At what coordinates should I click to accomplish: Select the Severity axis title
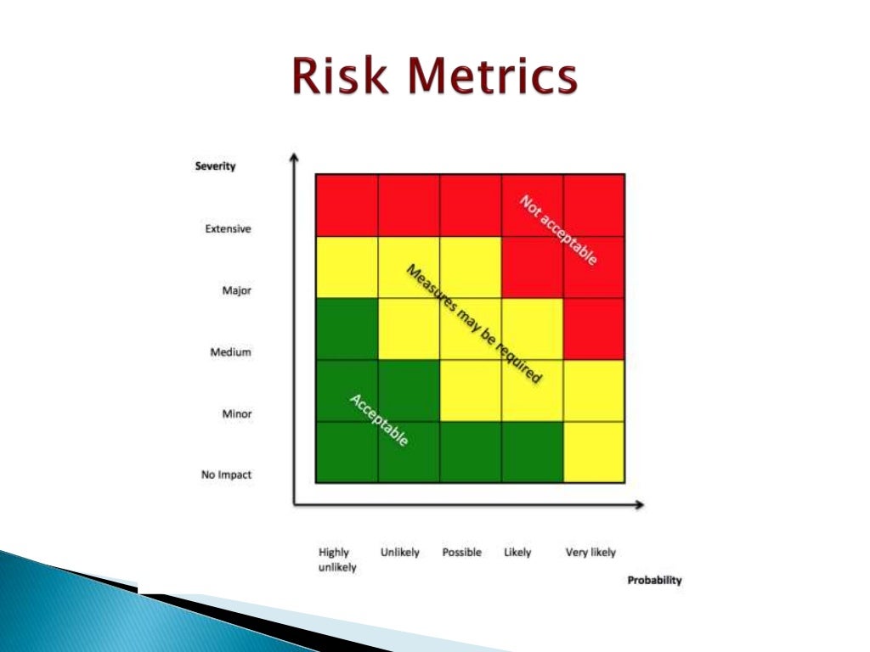click(216, 166)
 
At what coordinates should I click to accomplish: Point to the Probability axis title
click(654, 581)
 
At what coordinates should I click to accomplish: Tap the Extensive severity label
click(228, 229)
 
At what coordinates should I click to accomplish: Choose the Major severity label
click(236, 290)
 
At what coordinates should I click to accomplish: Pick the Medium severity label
click(230, 351)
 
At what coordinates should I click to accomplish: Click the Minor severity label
click(236, 414)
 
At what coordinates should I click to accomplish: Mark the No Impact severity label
click(226, 475)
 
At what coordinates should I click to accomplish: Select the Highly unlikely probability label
click(336, 559)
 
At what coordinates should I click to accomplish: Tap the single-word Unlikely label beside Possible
click(400, 553)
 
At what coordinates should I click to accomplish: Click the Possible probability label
click(461, 553)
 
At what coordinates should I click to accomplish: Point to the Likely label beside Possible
click(517, 553)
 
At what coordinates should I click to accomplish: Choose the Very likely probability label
click(590, 553)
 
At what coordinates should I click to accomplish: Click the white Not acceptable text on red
click(558, 230)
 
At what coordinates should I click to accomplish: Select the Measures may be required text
click(473, 325)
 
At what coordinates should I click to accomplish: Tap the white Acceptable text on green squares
click(379, 420)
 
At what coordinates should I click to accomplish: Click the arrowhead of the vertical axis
click(294, 157)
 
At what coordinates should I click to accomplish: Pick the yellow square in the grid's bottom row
click(593, 452)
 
